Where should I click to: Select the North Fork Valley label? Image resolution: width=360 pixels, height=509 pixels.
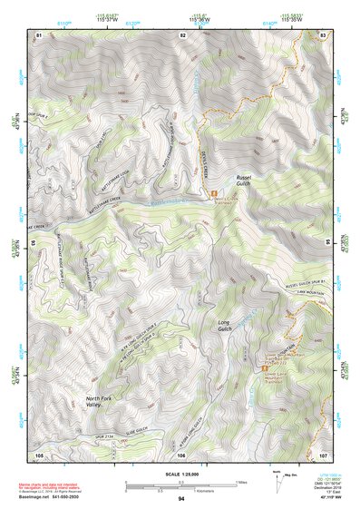coord(100,402)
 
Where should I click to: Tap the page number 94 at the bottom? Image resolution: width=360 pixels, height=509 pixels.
coord(181,499)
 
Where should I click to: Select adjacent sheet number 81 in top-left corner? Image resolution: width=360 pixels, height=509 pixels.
coord(39,34)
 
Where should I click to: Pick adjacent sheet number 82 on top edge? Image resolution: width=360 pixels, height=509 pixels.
coord(182,34)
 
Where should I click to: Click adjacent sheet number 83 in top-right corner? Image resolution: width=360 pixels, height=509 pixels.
coord(324,34)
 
